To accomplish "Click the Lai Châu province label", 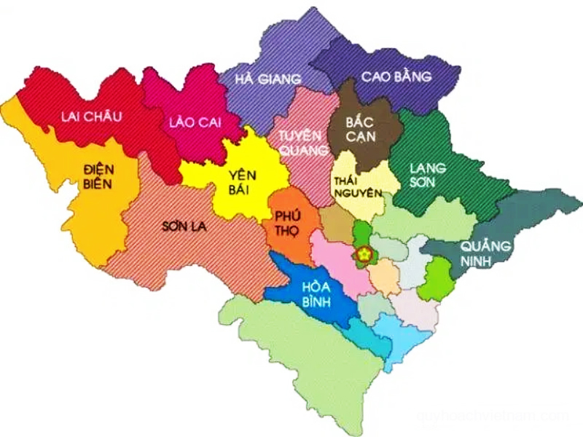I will [92, 116].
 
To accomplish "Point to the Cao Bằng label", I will [396, 76].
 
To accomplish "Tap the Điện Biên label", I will [98, 176].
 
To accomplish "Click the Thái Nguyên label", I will [357, 186].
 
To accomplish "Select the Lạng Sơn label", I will [428, 175].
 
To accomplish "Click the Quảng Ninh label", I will [482, 253].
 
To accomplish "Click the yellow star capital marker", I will [364, 254].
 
